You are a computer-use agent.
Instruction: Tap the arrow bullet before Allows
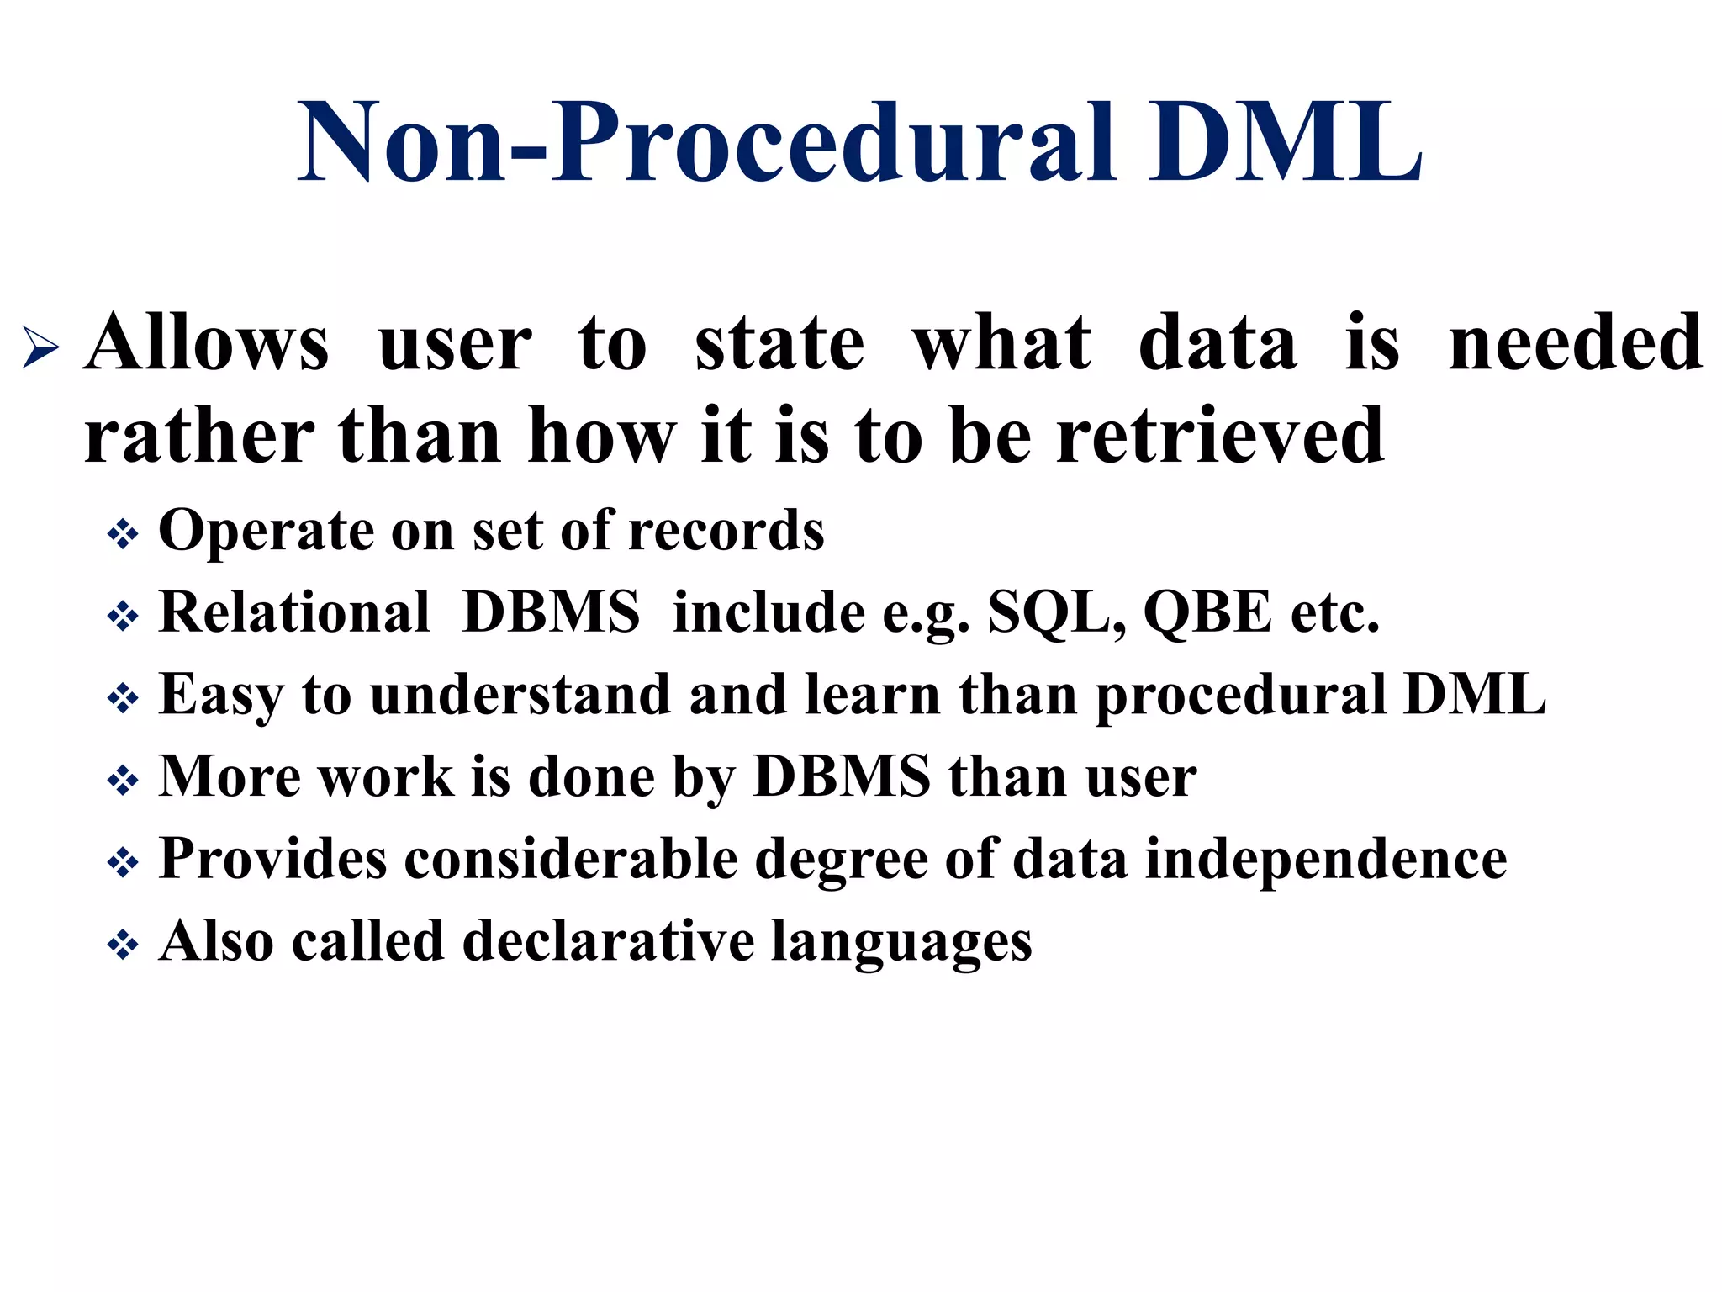[40, 347]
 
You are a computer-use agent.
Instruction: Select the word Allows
[207, 343]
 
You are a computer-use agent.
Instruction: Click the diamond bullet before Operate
[123, 535]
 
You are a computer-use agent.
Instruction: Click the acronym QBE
[1207, 612]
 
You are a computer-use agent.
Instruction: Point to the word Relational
[294, 612]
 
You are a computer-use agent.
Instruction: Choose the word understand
[520, 695]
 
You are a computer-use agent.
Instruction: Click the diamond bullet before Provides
[123, 863]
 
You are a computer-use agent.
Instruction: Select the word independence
[1326, 860]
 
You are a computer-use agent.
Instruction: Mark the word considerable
[571, 860]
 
